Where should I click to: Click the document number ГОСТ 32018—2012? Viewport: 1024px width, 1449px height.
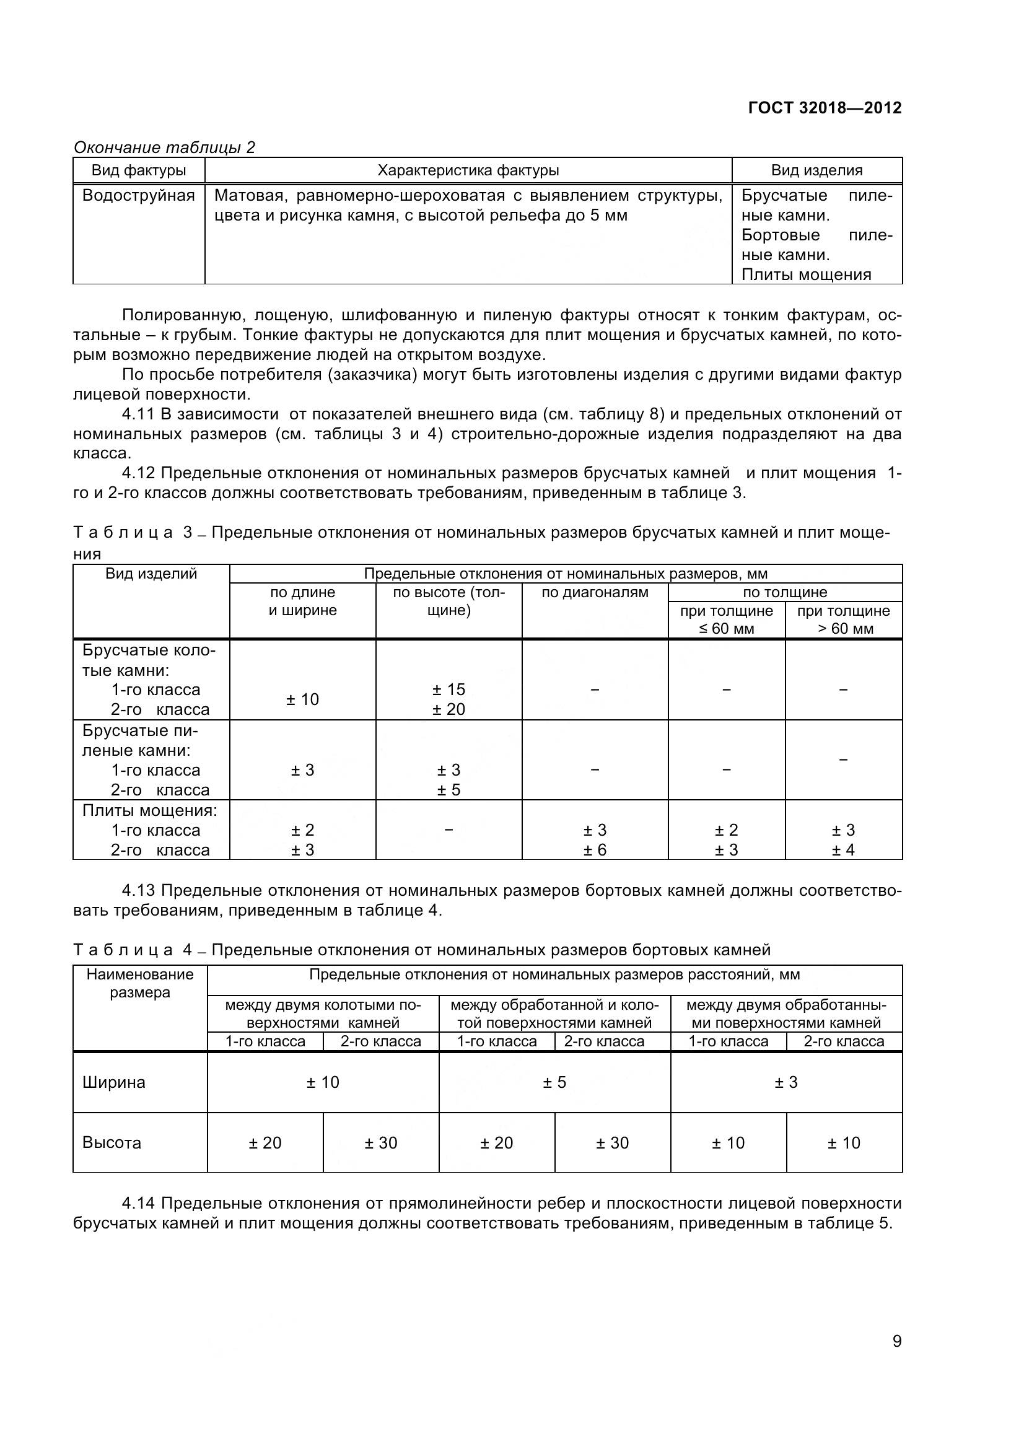[x=824, y=108]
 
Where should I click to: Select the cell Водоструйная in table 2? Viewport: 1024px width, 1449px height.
[x=139, y=196]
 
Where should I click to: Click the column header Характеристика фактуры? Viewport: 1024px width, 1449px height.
[x=468, y=170]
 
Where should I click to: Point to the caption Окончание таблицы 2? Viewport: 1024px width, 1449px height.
[x=165, y=147]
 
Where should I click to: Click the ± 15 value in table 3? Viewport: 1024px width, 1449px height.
[x=449, y=689]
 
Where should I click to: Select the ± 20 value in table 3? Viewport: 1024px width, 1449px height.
[x=449, y=709]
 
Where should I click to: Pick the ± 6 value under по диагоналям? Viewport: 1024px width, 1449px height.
[x=594, y=850]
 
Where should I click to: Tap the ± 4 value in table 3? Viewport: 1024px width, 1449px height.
[x=843, y=850]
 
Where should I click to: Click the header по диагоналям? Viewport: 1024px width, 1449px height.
[x=594, y=593]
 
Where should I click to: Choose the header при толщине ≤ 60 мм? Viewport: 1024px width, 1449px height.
[x=726, y=619]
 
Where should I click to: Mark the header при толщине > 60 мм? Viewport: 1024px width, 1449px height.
[x=844, y=619]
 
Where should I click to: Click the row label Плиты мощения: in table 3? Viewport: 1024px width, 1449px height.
[x=150, y=810]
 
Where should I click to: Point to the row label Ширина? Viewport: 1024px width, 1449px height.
[x=114, y=1082]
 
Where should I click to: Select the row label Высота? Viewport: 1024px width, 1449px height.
[x=112, y=1143]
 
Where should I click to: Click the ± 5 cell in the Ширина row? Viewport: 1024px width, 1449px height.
[x=554, y=1082]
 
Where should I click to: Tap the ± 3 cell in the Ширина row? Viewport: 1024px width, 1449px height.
[x=786, y=1082]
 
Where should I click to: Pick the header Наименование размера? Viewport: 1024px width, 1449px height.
[x=140, y=983]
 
